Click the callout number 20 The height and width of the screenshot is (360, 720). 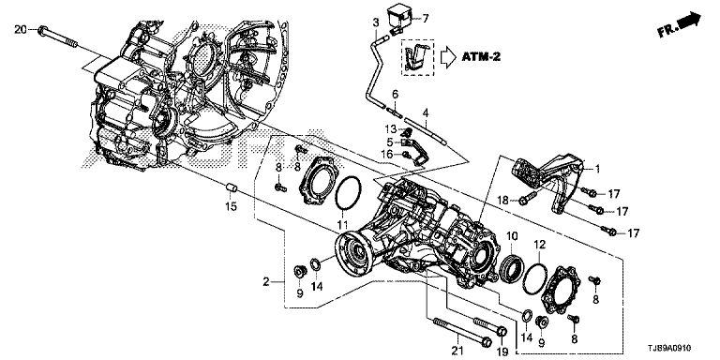tap(21, 30)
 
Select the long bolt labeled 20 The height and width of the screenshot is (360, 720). tap(58, 37)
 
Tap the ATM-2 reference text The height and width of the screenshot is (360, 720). tap(481, 57)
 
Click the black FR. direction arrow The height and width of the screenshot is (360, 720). tap(690, 22)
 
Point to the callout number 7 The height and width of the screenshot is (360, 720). tap(426, 19)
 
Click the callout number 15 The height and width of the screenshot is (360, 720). tap(231, 206)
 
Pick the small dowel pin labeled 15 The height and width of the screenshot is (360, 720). tap(232, 187)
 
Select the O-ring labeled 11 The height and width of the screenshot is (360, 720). tap(348, 192)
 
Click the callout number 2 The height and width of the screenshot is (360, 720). tap(266, 282)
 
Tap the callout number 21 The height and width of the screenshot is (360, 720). tap(456, 352)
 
